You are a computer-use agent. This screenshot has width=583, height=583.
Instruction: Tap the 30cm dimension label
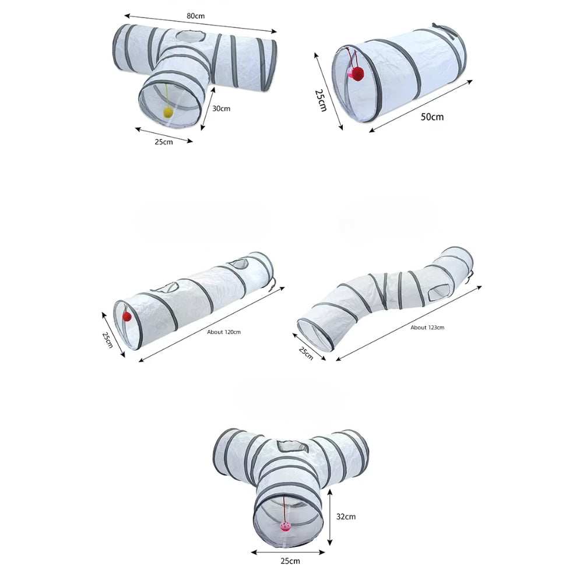click(x=221, y=108)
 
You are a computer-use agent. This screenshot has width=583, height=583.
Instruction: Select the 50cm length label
click(x=432, y=117)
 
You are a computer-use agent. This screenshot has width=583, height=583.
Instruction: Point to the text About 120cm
click(x=224, y=332)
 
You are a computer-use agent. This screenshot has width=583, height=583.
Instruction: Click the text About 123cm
click(x=427, y=328)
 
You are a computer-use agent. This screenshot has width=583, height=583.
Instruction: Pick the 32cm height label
click(x=346, y=516)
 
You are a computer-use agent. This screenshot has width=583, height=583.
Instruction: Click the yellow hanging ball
click(x=168, y=113)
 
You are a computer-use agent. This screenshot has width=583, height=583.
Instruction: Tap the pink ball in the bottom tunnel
click(x=286, y=525)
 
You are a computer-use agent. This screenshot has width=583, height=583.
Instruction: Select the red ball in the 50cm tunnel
click(x=356, y=73)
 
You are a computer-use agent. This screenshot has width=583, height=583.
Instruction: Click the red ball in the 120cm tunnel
click(x=127, y=317)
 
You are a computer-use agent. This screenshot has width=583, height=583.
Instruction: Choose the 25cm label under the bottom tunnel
click(x=290, y=561)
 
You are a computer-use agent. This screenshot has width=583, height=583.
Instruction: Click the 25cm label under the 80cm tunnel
click(x=164, y=142)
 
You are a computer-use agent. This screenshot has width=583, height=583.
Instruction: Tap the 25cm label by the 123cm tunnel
click(x=306, y=353)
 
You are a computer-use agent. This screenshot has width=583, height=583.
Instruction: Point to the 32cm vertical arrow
click(x=330, y=517)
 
